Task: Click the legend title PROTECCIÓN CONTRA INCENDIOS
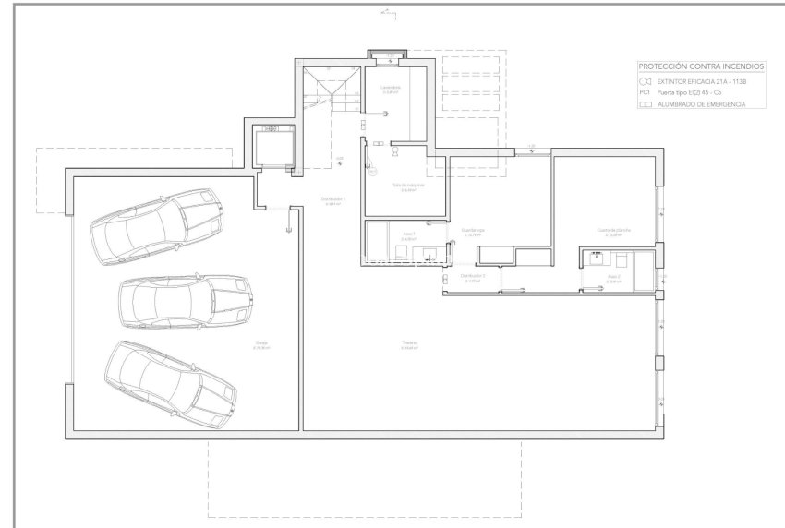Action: tap(702, 66)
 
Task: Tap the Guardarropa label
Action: tap(473, 231)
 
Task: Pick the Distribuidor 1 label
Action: tap(332, 198)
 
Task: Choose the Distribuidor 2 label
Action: tap(472, 276)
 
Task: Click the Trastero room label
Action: tap(409, 343)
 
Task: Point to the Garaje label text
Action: tap(262, 343)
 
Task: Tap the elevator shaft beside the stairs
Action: tap(272, 148)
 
